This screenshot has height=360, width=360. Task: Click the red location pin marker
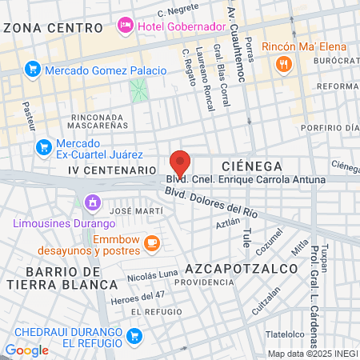(181, 163)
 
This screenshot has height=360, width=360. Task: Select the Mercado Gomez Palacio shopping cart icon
(33, 70)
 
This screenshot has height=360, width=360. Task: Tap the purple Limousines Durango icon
(94, 203)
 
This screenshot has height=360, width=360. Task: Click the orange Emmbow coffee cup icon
(151, 241)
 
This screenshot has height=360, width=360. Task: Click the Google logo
(26, 350)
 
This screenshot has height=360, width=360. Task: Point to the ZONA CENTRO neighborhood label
(53, 27)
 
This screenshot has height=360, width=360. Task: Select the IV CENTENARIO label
(110, 170)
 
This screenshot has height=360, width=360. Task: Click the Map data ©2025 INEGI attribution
(312, 353)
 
